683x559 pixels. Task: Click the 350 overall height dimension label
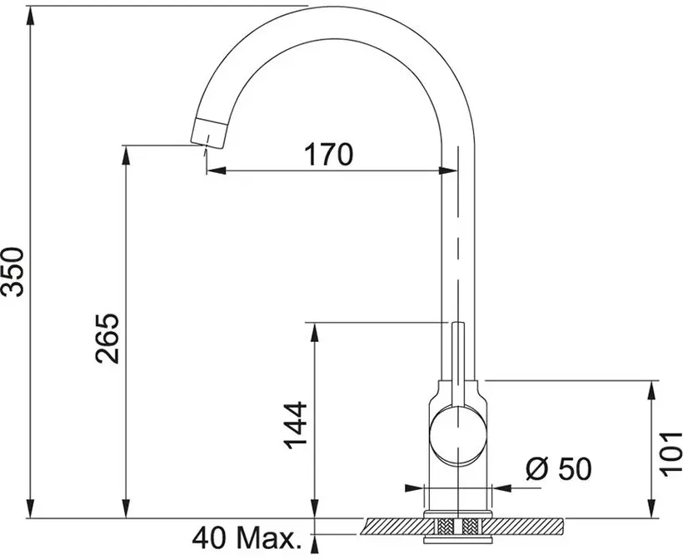(12, 272)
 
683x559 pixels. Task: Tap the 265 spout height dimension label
(107, 338)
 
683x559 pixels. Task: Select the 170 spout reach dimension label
(328, 155)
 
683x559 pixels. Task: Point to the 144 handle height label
(296, 425)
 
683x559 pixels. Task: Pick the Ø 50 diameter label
(559, 469)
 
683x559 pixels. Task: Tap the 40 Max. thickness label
(247, 538)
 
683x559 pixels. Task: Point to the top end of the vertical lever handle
(458, 323)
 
